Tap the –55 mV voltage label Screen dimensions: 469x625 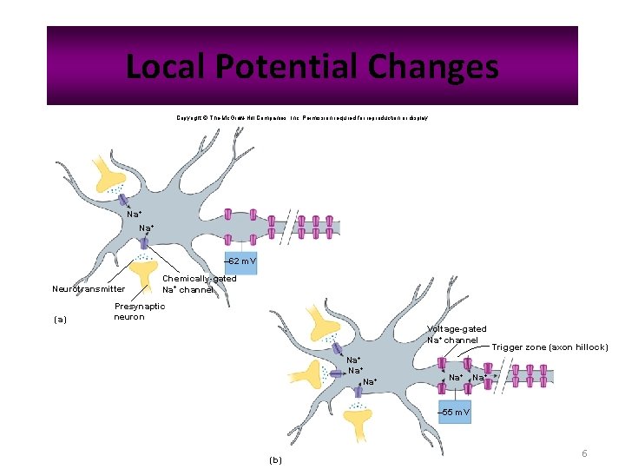(455, 412)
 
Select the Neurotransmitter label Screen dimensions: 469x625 (89, 288)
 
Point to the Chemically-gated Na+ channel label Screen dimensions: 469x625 (199, 283)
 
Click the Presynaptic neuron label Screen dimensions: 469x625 (140, 311)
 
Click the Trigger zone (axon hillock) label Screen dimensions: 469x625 (549, 347)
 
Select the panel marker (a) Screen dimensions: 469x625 (60, 319)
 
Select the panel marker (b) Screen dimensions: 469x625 (276, 459)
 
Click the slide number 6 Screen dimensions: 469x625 (584, 453)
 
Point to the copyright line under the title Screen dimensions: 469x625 (301, 117)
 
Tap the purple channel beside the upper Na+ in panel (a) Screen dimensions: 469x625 (124, 201)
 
